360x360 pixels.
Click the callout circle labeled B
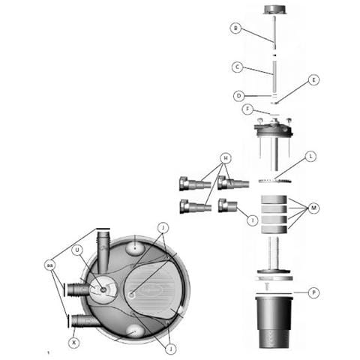pyautogui.click(x=235, y=28)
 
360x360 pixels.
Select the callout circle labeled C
pyautogui.click(x=237, y=67)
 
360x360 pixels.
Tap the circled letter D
pyautogui.click(x=238, y=96)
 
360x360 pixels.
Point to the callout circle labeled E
pyautogui.click(x=314, y=80)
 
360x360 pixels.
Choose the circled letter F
pyautogui.click(x=247, y=109)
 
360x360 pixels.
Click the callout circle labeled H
pyautogui.click(x=226, y=158)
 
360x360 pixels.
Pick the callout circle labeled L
pyautogui.click(x=311, y=157)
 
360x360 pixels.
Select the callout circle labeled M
pyautogui.click(x=314, y=208)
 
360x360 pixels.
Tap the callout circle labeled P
pyautogui.click(x=313, y=292)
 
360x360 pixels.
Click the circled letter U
pyautogui.click(x=77, y=250)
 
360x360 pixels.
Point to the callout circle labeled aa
pyautogui.click(x=49, y=265)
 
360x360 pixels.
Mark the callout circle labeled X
pyautogui.click(x=73, y=343)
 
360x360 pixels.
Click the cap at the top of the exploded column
pyautogui.click(x=274, y=10)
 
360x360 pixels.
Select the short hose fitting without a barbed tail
pyautogui.click(x=227, y=205)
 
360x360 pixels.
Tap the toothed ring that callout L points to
pyautogui.click(x=274, y=181)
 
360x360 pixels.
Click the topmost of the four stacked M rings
pyautogui.click(x=274, y=199)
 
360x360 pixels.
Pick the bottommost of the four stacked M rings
pyautogui.click(x=274, y=229)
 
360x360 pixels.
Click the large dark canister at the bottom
pyautogui.click(x=274, y=322)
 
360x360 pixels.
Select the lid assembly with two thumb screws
pyautogui.click(x=274, y=127)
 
